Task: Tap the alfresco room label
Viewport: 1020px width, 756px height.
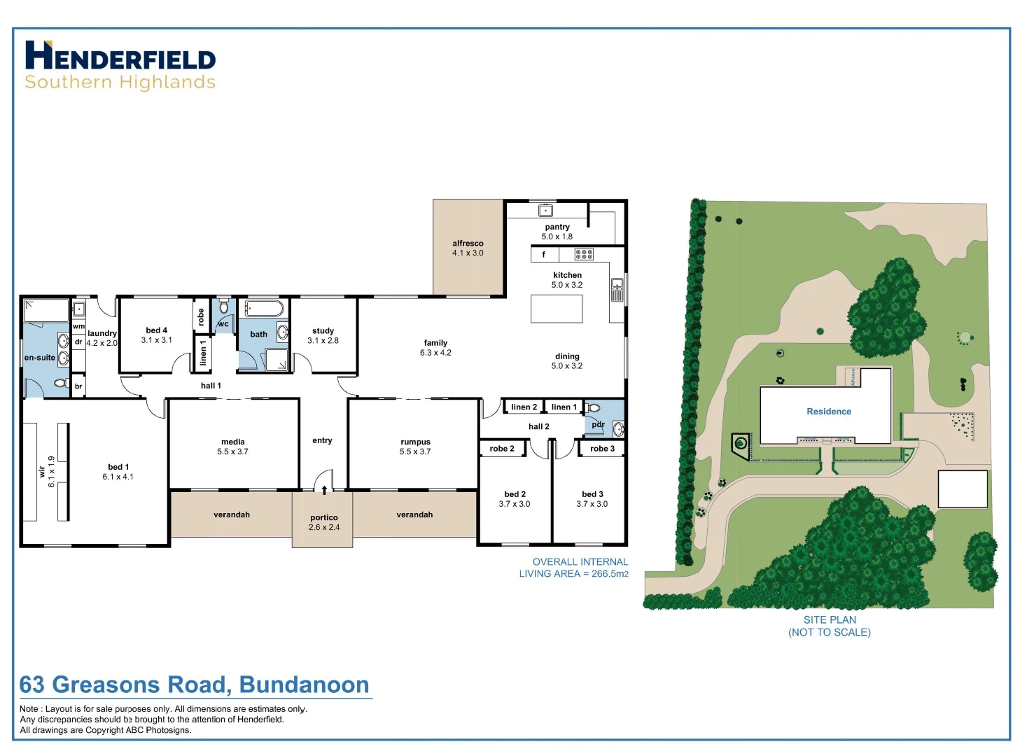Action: click(x=468, y=244)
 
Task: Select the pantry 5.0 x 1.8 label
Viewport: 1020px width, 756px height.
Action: click(x=557, y=232)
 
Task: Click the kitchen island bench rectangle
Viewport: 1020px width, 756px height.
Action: click(x=557, y=309)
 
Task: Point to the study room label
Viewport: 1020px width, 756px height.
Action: click(x=323, y=331)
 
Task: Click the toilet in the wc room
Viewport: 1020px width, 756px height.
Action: click(x=224, y=307)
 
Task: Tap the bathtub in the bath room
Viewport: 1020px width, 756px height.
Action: click(x=264, y=309)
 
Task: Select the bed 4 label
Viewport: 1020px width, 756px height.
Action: click(x=156, y=330)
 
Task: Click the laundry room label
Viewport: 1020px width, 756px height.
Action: click(x=102, y=333)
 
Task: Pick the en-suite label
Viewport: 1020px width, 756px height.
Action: click(x=39, y=358)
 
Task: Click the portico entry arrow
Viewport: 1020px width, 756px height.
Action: click(x=324, y=490)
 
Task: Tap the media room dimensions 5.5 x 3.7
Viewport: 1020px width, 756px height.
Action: click(x=232, y=451)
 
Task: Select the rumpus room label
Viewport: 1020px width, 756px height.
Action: click(x=415, y=442)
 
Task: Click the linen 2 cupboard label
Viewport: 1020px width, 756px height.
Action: click(x=524, y=407)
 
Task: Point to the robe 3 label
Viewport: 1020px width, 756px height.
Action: click(x=602, y=449)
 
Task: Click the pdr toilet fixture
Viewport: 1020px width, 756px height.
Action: click(x=594, y=408)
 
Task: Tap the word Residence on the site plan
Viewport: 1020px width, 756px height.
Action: click(x=828, y=412)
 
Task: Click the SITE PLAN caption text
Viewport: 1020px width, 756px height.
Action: click(x=829, y=619)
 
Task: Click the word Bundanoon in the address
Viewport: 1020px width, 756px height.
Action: click(x=304, y=684)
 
